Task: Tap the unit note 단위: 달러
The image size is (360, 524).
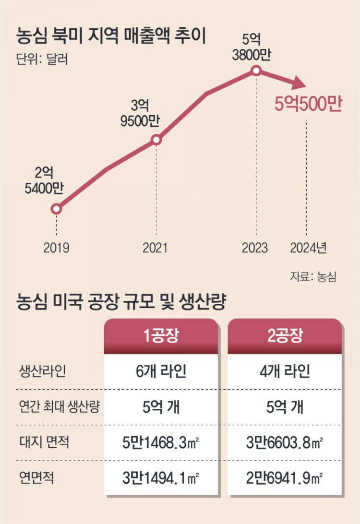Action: coord(40,61)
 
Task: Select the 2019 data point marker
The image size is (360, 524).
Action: coord(57,209)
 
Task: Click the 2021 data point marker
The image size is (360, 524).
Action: coord(156,140)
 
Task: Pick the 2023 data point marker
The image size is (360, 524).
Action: coord(256,71)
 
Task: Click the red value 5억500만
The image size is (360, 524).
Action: coord(308,104)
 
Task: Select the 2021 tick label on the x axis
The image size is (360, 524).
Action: coord(156,248)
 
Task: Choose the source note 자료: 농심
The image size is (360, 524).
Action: coord(312,277)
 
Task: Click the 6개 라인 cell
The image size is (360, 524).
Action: coord(161,371)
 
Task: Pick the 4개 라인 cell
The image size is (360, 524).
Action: coord(285,371)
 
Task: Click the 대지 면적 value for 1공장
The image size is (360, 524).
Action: coord(161,442)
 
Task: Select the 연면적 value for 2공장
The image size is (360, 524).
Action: coord(285,477)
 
